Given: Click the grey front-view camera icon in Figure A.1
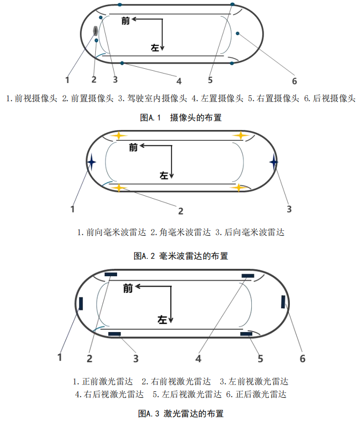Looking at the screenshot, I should pyautogui.click(x=96, y=31).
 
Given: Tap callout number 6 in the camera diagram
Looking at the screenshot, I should pyautogui.click(x=294, y=81).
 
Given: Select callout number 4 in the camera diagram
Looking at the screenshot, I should pyautogui.click(x=179, y=81).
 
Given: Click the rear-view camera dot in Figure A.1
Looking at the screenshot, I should pyautogui.click(x=238, y=33).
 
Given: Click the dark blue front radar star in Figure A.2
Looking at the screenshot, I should pyautogui.click(x=91, y=162).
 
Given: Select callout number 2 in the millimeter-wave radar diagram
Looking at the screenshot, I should pyautogui.click(x=181, y=211).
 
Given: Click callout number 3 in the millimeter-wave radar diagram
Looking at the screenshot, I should pyautogui.click(x=289, y=209).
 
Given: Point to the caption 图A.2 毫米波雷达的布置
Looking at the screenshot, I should pyautogui.click(x=181, y=256).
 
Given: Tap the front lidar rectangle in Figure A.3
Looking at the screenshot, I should pyautogui.click(x=80, y=302).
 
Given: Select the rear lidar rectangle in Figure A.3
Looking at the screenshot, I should pyautogui.click(x=283, y=301).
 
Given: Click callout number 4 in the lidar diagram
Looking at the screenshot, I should pyautogui.click(x=198, y=358).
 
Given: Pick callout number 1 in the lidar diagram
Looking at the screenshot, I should pyautogui.click(x=60, y=357).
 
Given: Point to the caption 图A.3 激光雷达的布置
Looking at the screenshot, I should pyautogui.click(x=181, y=413).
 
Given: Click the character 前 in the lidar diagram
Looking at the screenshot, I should pyautogui.click(x=128, y=289).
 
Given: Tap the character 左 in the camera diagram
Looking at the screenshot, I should pyautogui.click(x=155, y=47).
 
